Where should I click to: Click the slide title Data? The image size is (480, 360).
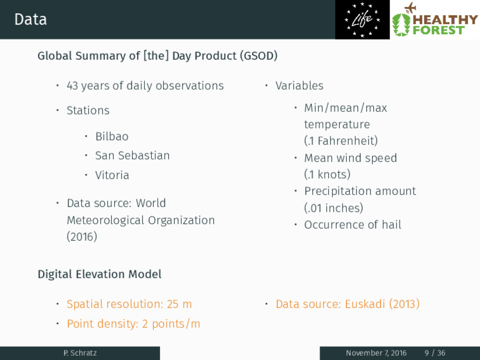coord(30,19)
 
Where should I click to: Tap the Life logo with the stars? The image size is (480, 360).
coord(362,20)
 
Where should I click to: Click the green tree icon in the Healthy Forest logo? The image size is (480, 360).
coord(401,24)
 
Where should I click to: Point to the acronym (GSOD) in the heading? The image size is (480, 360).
coord(259,56)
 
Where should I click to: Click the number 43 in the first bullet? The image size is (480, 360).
coord(72,86)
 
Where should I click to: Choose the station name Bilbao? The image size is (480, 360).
coord(112,136)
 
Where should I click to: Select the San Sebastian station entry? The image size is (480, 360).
coord(132,156)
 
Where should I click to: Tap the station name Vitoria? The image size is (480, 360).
coord(112,175)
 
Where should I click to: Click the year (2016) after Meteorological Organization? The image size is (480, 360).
coord(82,237)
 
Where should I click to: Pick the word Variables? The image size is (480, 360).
coord(299,86)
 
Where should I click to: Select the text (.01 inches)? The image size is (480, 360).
coord(334,208)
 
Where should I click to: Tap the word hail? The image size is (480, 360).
coord(391,225)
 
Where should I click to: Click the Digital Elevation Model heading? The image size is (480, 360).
coord(99,274)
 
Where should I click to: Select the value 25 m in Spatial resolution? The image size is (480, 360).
coord(179,304)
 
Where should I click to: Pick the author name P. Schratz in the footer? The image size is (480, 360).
coord(80,353)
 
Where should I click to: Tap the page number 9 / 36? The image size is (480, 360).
coord(435,353)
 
